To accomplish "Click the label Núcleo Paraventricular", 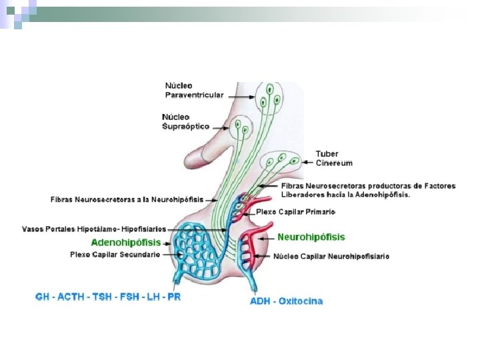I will (194, 90).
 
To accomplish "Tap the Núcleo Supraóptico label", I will (185, 121).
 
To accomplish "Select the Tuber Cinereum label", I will (334, 158).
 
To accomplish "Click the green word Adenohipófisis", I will (126, 242).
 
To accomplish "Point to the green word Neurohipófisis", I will (311, 237).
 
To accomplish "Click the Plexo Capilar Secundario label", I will (115, 254).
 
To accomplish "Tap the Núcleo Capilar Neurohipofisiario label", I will (331, 255).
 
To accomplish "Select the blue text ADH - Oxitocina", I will (286, 301).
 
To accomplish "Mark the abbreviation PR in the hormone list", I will (173, 297).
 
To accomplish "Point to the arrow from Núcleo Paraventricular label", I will (240, 95).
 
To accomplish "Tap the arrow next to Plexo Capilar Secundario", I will (169, 254).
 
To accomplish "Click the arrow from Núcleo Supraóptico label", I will (221, 125).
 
